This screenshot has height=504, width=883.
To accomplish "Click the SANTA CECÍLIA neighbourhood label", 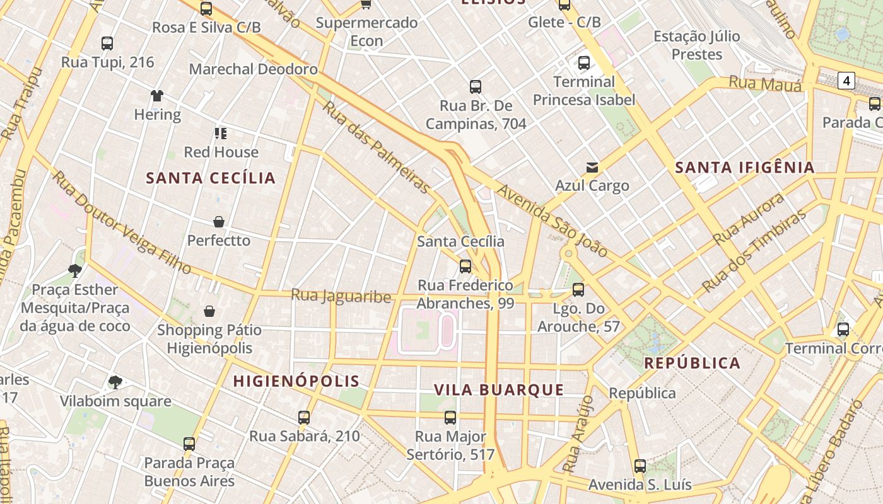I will [x=211, y=178].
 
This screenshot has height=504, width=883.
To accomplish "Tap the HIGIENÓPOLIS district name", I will [x=296, y=381].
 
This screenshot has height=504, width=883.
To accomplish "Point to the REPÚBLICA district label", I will [x=692, y=364].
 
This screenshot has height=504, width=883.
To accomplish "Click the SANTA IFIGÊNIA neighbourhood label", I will [x=745, y=168].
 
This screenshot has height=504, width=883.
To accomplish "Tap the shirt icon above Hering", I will [x=157, y=96].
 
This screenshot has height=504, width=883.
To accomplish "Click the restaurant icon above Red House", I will [x=220, y=133].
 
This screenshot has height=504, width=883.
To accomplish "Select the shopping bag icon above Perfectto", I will [x=218, y=222].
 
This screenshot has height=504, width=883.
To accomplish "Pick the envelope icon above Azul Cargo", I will [x=592, y=168].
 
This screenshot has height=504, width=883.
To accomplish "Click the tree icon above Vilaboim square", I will [x=115, y=382].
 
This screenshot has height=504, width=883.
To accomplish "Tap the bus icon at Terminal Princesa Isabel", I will [x=584, y=63].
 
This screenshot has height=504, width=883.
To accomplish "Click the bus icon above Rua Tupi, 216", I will [x=107, y=43].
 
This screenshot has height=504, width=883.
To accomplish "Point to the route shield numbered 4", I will [x=846, y=81].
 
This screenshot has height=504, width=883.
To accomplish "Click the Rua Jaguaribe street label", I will [x=341, y=295].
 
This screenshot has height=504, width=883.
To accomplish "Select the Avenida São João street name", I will [x=553, y=220].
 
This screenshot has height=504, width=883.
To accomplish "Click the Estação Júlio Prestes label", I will [x=696, y=45].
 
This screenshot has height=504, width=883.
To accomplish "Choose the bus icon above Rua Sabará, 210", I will [x=304, y=417].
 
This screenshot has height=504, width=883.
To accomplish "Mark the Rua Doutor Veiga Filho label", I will [x=121, y=222].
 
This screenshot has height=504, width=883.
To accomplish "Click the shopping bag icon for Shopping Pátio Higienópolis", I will [x=209, y=311].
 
